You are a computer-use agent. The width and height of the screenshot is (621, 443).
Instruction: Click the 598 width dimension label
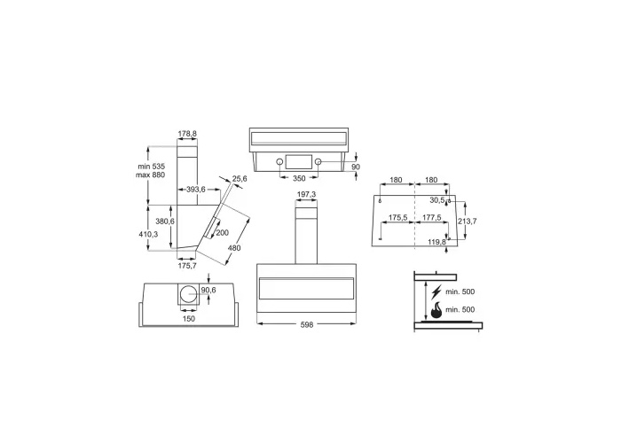pos(307,325)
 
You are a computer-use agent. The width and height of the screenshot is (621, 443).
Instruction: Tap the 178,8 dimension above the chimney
pos(187,134)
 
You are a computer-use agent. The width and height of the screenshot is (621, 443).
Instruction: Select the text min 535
pos(152,167)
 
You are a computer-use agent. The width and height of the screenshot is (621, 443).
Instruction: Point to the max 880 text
pos(150,175)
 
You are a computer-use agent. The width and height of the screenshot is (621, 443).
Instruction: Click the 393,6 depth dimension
pos(196,190)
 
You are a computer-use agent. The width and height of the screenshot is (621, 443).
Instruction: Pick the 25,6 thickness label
pos(240,179)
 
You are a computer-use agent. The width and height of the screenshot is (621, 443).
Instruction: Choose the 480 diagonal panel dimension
pos(234,248)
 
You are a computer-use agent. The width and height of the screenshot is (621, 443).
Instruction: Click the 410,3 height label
pos(148,234)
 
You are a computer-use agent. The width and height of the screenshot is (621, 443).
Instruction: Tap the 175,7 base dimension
pos(187,266)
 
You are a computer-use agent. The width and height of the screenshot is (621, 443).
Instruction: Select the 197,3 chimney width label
pos(306,194)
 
